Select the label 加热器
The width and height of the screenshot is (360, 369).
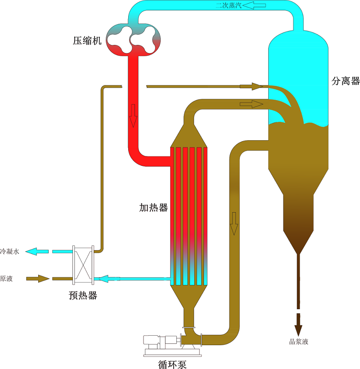[x=153, y=208]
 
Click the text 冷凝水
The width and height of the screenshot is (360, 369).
[x=10, y=252]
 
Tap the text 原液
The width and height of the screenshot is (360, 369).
[x=7, y=279]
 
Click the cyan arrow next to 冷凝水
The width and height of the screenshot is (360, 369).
[x=36, y=251]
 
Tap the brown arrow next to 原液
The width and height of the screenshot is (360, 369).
[x=38, y=279]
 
